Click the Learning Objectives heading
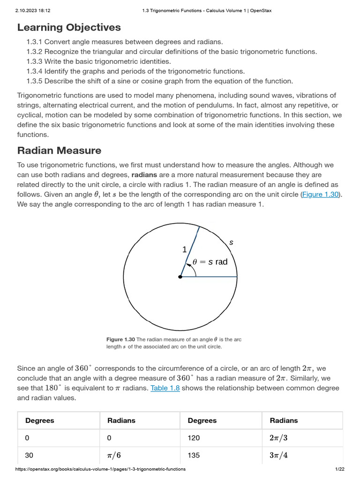pos(69,27)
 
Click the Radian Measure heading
pos(59,150)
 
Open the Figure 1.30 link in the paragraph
pos(320,194)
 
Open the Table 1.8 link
pos(165,388)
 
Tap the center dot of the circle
pos(180,277)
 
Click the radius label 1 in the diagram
pos(184,250)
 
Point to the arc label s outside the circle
pos(231,242)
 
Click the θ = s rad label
pos(210,262)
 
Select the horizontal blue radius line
pos(209,277)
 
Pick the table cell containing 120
pos(194,437)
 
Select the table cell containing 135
pos(194,455)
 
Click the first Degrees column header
pos(39,420)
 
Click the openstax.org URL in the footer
pos(100,469)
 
